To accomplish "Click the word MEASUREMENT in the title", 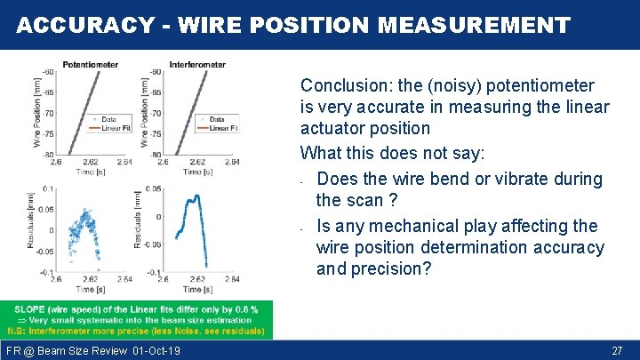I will click(x=473, y=25).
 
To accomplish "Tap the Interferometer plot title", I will click(x=196, y=64).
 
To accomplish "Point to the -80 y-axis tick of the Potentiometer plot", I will click(x=47, y=155).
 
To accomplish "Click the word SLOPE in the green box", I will click(x=31, y=309).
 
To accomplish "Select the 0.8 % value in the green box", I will click(x=246, y=309).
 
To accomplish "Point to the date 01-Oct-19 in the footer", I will click(x=155, y=351).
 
